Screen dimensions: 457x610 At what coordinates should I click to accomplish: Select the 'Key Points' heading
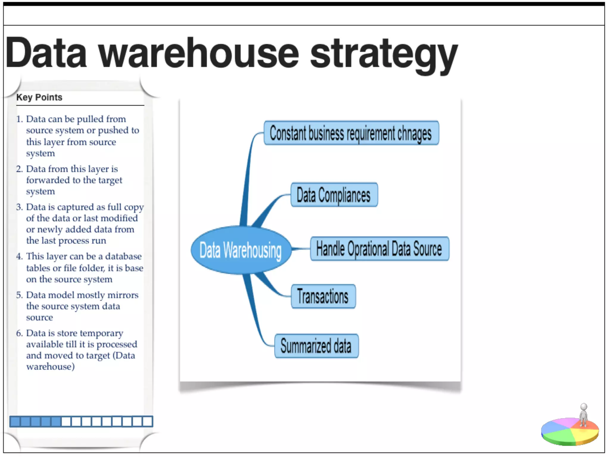click(x=39, y=97)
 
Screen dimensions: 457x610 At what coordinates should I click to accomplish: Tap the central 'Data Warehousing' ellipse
click(x=241, y=250)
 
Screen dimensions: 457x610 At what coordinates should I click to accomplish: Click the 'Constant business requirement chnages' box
click(x=351, y=133)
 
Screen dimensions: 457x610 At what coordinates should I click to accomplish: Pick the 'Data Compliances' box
click(x=334, y=195)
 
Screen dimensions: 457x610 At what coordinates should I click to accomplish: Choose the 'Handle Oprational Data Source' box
click(x=379, y=249)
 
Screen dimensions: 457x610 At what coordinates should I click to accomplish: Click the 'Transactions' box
click(x=323, y=296)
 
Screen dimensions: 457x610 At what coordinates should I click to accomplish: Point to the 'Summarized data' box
click(x=316, y=346)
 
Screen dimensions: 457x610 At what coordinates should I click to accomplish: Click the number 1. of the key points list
click(x=19, y=119)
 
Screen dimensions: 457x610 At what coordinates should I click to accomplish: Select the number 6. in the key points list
click(x=19, y=333)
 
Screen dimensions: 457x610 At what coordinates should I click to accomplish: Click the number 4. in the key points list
click(x=19, y=256)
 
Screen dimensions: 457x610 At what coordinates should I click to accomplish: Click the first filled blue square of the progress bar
click(x=15, y=421)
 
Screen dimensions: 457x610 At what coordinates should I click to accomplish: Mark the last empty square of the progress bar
click(x=147, y=421)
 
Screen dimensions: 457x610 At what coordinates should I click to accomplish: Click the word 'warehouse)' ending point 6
click(x=50, y=367)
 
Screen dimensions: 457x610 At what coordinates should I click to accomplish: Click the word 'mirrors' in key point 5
click(x=123, y=295)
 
